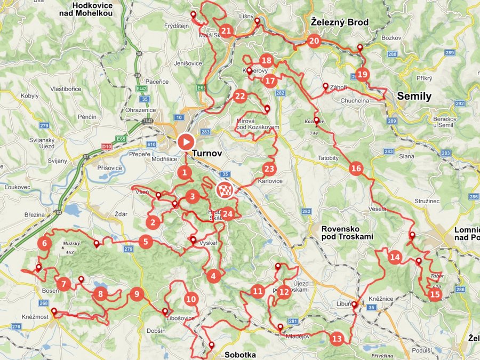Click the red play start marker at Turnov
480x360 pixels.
point(185,142)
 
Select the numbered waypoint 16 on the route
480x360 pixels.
point(356,169)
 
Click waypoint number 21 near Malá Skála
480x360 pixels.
point(226,31)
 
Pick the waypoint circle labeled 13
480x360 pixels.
point(337,338)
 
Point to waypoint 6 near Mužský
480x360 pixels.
point(45,244)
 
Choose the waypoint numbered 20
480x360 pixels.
point(314,41)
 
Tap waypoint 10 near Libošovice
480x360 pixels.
point(191,299)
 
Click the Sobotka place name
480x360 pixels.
point(240,355)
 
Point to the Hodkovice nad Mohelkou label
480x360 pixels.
point(93,9)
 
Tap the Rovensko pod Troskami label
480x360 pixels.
point(347,233)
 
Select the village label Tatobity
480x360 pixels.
point(328,158)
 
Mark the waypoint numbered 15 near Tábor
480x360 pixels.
point(435,294)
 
